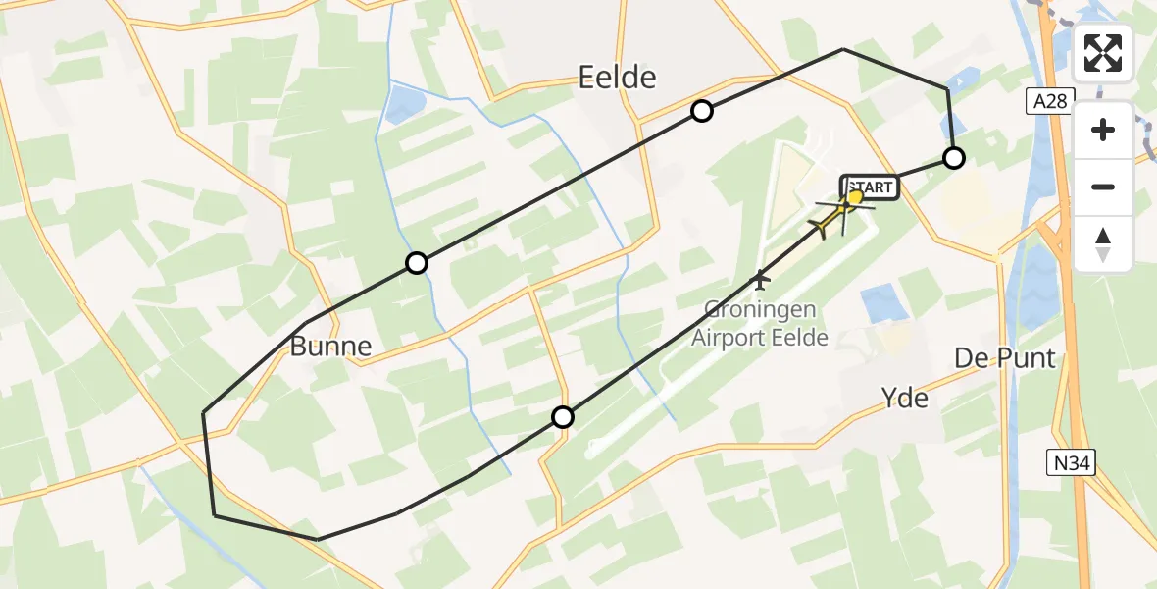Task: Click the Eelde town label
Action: tap(617, 78)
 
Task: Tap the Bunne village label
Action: tap(330, 346)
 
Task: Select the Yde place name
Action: tap(904, 398)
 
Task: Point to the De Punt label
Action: tap(1005, 359)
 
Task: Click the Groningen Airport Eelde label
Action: tap(759, 325)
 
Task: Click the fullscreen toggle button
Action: tap(1103, 53)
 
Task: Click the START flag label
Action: tap(870, 187)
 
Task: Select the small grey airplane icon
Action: tap(759, 281)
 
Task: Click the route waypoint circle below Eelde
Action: tap(701, 111)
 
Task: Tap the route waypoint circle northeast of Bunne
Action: tap(417, 263)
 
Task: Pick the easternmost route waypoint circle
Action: tap(953, 157)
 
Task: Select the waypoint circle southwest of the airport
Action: tap(562, 417)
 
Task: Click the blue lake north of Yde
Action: tap(884, 303)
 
